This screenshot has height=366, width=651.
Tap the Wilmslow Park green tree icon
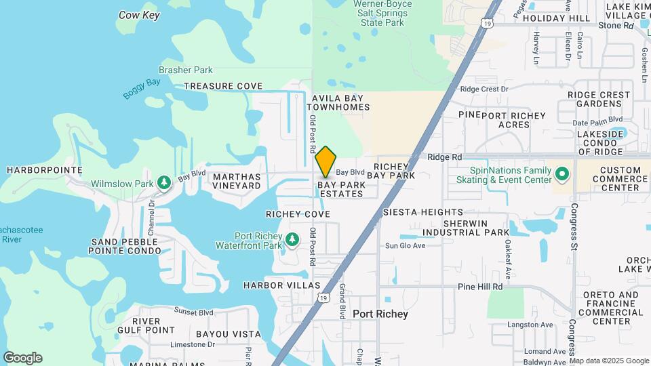(163, 182)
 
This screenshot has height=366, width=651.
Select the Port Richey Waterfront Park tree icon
(292, 239)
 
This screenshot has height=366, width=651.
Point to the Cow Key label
(139, 14)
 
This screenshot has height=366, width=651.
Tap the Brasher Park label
(185, 70)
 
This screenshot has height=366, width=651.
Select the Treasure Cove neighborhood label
(223, 86)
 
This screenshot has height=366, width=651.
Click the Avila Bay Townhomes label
(340, 102)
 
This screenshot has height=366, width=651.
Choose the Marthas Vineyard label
(237, 180)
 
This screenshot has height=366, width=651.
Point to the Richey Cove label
(298, 214)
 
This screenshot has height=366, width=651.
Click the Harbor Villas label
(282, 285)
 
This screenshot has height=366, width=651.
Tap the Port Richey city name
(380, 314)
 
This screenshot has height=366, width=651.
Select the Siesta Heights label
(423, 212)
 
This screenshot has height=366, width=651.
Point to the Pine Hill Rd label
(479, 287)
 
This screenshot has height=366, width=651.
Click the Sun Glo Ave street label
(406, 245)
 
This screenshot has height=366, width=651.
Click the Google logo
(22, 358)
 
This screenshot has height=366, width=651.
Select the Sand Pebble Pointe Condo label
(126, 246)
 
